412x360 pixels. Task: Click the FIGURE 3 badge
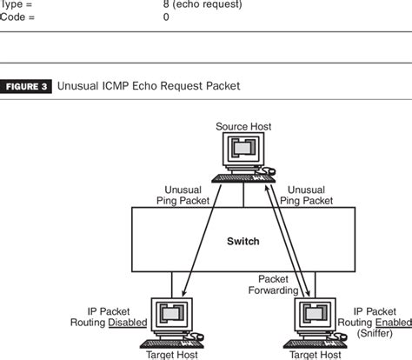(x=28, y=86)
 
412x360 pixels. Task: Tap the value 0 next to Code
(x=166, y=16)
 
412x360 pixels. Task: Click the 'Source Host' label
(x=244, y=127)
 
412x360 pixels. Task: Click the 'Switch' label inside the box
(x=243, y=241)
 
